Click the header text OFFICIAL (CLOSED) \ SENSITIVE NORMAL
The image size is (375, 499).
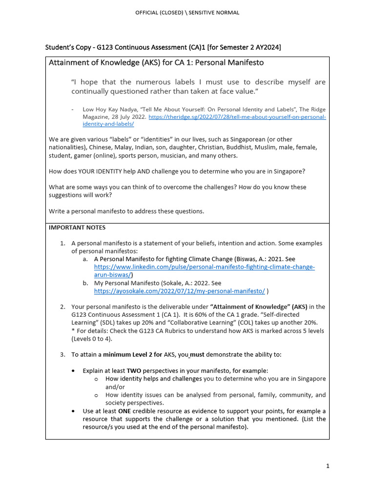[187, 13]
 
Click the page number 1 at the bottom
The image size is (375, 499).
[328, 466]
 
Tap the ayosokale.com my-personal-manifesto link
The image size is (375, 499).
[180, 291]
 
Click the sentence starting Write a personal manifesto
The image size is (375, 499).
[126, 211]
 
